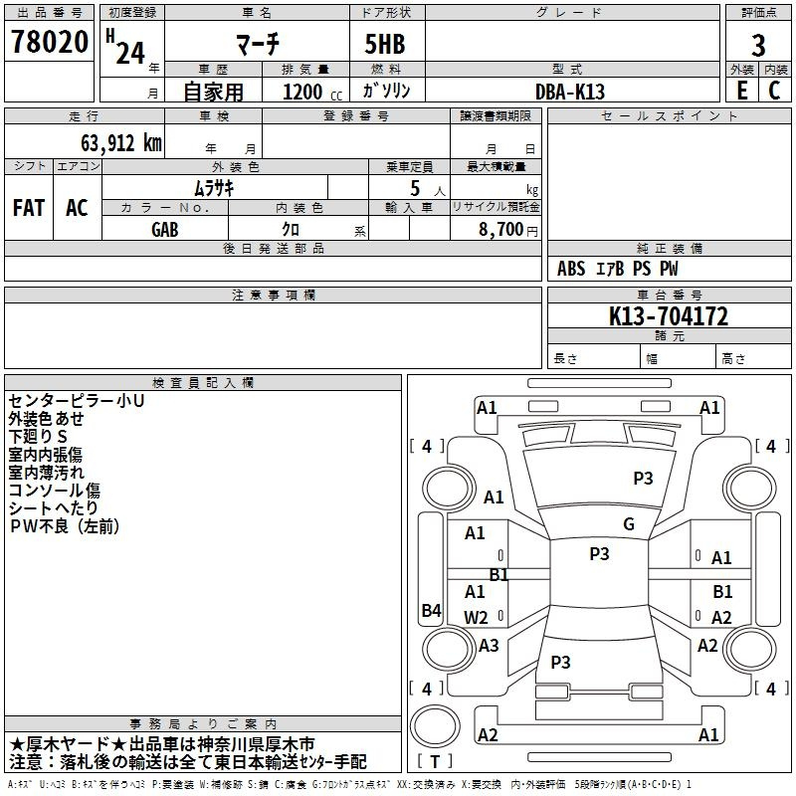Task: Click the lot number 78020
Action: (x=50, y=42)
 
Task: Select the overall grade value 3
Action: (x=758, y=46)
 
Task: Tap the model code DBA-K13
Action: (x=570, y=92)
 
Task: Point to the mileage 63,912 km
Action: (x=121, y=143)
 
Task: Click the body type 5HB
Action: (x=385, y=44)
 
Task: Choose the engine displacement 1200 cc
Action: (x=312, y=92)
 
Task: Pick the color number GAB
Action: (x=165, y=230)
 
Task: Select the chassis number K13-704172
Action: (x=669, y=316)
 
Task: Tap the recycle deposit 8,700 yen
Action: (x=508, y=230)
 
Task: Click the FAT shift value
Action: (x=29, y=208)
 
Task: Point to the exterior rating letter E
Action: (x=742, y=91)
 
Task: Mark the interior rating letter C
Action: (x=774, y=91)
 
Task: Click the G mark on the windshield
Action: (x=629, y=524)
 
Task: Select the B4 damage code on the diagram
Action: (x=432, y=610)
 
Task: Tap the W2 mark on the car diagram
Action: (x=476, y=617)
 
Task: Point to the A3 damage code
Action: (x=489, y=645)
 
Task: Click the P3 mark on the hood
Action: (x=643, y=478)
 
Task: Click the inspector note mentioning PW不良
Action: (x=65, y=526)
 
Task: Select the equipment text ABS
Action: (x=571, y=269)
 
